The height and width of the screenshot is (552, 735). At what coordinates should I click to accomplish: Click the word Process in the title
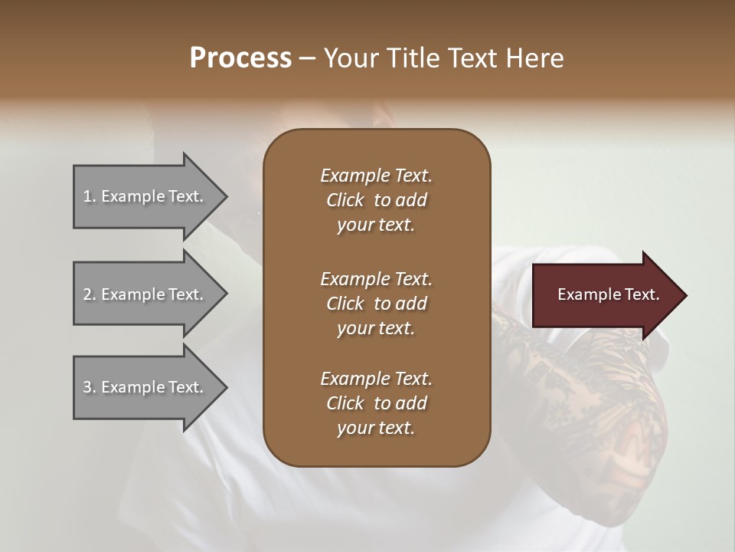click(240, 58)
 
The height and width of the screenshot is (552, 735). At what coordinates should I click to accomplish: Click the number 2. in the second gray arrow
click(90, 294)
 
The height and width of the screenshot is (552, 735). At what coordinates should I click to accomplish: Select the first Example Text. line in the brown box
click(376, 176)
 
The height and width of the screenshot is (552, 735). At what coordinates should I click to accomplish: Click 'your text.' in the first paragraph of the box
click(376, 225)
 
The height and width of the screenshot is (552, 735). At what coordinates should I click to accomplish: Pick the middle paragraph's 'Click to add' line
click(376, 304)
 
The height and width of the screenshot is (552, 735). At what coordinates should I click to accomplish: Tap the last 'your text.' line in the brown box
click(376, 429)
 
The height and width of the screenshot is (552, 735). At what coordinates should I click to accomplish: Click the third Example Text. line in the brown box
click(376, 379)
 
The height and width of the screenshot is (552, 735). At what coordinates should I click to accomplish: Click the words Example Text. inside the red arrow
click(608, 294)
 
